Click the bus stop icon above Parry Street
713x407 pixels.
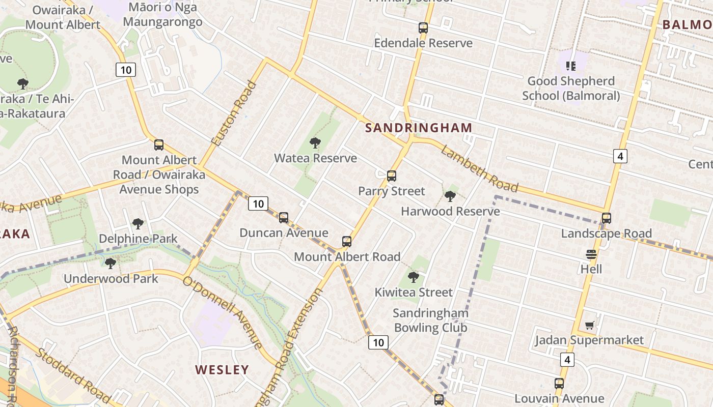pos(391,176)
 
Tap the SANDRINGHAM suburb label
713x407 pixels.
pos(419,128)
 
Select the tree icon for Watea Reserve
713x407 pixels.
pos(315,143)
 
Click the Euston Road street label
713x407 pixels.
pos(234,114)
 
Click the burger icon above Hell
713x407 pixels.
pos(591,254)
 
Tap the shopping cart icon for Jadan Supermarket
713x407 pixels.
pos(589,325)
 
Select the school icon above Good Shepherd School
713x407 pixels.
pos(570,66)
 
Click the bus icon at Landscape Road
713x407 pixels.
pos(606,218)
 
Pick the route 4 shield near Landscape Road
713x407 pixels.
pos(619,156)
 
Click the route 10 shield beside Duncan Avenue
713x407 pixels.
pos(258,204)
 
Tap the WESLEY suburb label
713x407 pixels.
pos(222,370)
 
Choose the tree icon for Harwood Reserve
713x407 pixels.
pos(450,196)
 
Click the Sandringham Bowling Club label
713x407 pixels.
pos(430,321)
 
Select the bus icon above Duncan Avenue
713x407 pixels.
pos(284,218)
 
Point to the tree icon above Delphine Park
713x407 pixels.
pos(138,223)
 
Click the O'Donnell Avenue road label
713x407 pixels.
pos(222,312)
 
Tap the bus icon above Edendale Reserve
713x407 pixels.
pos(423,28)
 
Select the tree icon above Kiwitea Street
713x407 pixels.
pos(414,277)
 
